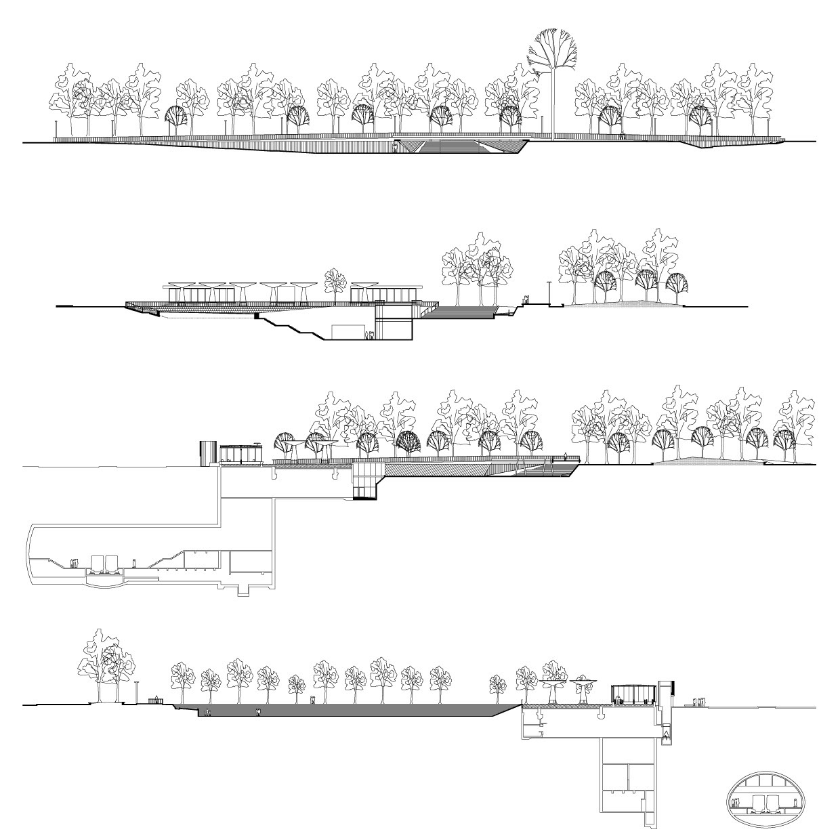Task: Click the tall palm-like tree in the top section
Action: [x=554, y=75]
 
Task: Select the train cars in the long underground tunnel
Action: [x=104, y=566]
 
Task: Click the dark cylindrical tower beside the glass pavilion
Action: [x=207, y=453]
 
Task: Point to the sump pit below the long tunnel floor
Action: [x=243, y=591]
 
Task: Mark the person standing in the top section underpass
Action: [x=395, y=147]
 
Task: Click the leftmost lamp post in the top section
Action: [x=56, y=129]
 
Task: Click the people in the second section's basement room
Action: [x=369, y=335]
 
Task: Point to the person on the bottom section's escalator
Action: [x=666, y=734]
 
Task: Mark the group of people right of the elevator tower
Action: [x=697, y=702]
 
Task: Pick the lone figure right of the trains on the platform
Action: [x=134, y=562]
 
